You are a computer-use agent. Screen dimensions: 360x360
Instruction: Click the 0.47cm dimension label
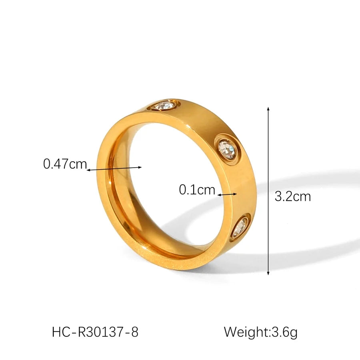[x=65, y=164]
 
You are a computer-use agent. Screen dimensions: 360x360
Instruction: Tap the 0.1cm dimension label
[x=197, y=189]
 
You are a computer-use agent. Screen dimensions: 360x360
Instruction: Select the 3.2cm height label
[x=292, y=196]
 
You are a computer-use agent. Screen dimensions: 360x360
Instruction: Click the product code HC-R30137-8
[x=95, y=332]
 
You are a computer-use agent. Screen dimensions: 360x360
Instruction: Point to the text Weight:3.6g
[x=260, y=332]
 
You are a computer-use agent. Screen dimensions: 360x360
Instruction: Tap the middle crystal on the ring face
[x=227, y=150]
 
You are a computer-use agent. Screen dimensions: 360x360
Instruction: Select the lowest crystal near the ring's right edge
[x=240, y=226]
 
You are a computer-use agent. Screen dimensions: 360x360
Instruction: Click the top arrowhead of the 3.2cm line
[x=268, y=109]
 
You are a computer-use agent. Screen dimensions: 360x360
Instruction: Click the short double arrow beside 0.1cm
[x=227, y=194]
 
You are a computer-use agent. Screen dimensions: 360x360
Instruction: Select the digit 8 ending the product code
[x=135, y=332]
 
